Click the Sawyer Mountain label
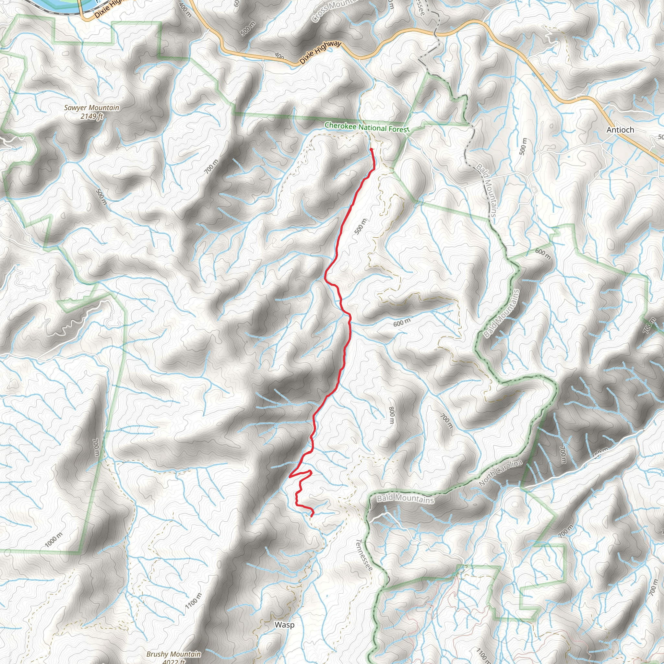91,108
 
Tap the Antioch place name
620,130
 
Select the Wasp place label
284,625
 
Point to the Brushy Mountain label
173,654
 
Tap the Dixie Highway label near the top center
320,52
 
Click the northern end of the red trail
372,149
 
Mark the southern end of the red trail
311,516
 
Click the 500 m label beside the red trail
360,227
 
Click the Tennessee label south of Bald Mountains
364,555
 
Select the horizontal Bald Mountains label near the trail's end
405,499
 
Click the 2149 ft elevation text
91,116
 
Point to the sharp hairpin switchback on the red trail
290,477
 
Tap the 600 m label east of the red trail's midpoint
401,323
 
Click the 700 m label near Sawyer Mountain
211,167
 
